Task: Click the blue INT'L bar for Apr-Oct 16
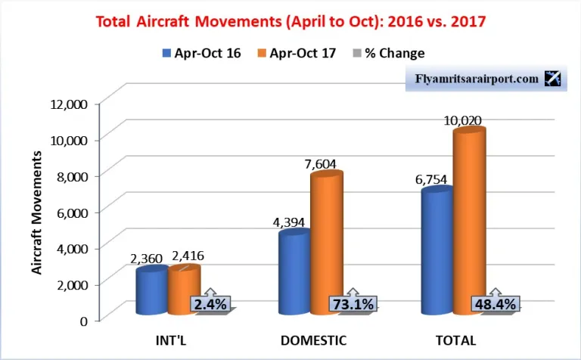click(x=151, y=292)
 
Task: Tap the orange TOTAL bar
click(x=469, y=222)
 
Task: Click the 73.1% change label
click(x=353, y=304)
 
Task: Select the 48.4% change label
click(x=496, y=304)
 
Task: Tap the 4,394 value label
click(x=291, y=222)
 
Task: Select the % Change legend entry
click(x=390, y=53)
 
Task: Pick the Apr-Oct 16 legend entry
click(x=200, y=53)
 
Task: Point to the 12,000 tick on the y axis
click(x=70, y=103)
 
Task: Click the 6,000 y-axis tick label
click(x=73, y=211)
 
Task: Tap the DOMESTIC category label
click(x=313, y=340)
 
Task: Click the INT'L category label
click(x=169, y=340)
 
